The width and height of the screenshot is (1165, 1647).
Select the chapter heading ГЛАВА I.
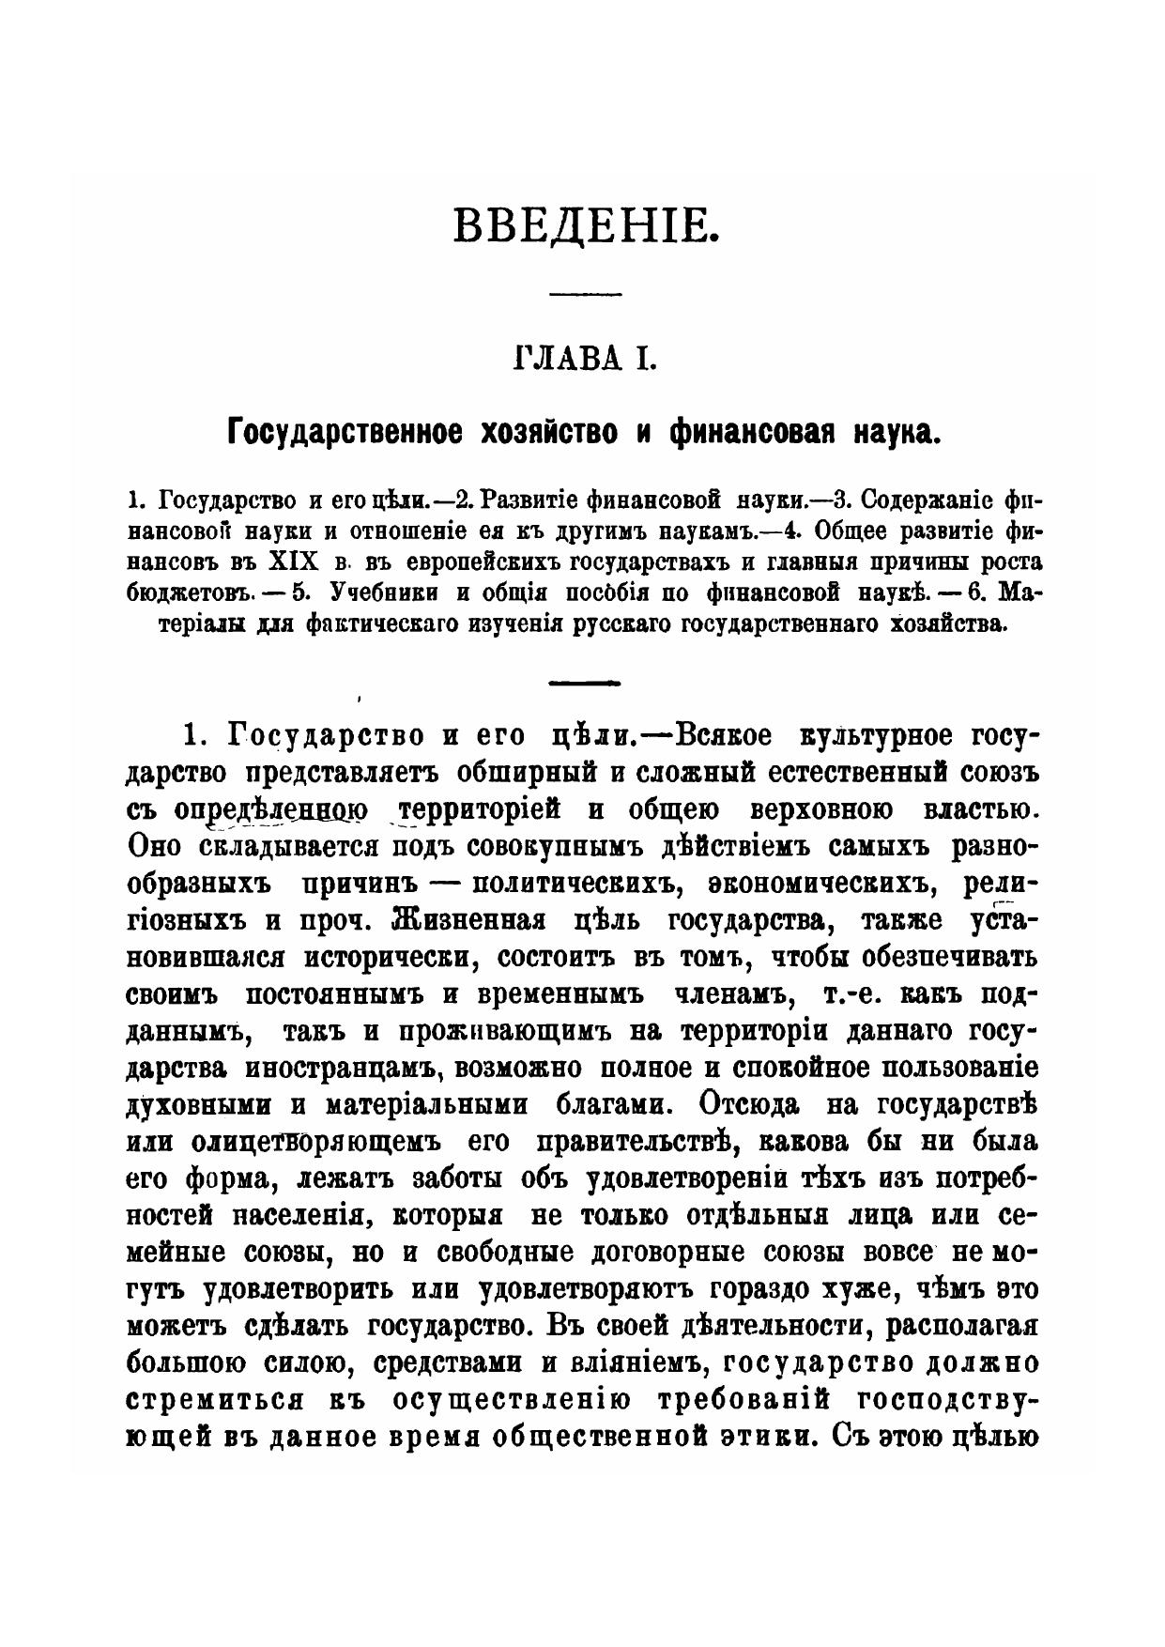584,360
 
